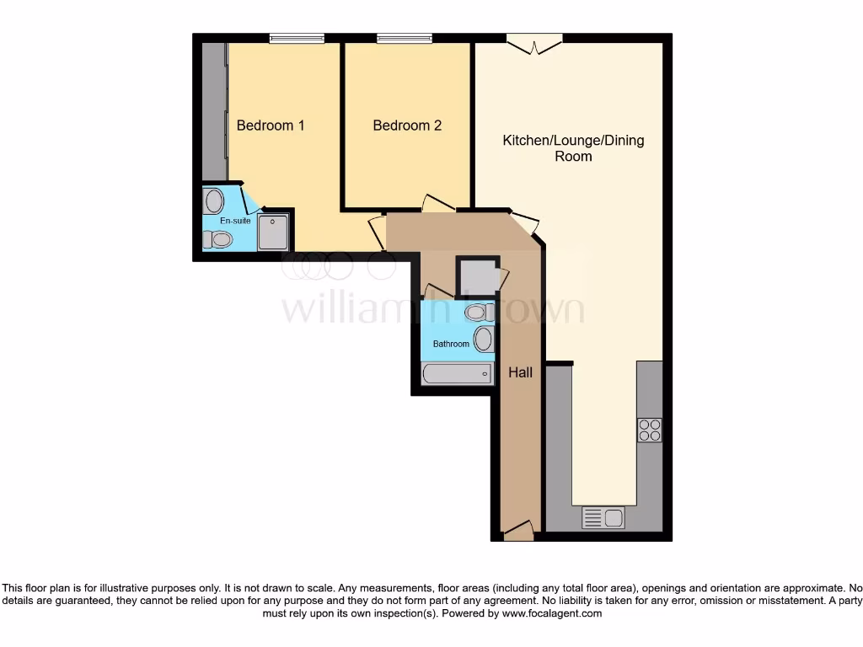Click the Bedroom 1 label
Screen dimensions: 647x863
pos(270,126)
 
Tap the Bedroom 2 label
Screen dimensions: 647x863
pos(407,126)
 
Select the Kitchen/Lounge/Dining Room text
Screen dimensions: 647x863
pos(573,147)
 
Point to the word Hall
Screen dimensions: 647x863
pos(520,372)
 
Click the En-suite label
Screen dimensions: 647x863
pos(235,221)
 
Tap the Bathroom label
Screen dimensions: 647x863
pos(451,344)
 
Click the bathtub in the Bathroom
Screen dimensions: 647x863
pos(457,373)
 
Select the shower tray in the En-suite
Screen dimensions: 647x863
pos(273,232)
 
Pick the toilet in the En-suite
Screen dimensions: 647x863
pos(217,239)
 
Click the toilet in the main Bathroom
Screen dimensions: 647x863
pos(478,313)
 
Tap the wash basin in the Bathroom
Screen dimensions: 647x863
pos(484,340)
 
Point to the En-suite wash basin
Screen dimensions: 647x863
pos(214,201)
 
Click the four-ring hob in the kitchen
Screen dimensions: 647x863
pos(650,430)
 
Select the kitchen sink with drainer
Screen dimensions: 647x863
pos(603,517)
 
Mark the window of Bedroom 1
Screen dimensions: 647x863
pos(297,38)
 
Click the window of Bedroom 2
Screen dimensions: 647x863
pos(405,38)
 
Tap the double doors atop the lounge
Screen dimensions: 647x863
pos(534,42)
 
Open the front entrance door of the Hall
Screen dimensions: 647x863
pos(518,531)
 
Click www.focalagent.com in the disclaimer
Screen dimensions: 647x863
pos(551,613)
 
